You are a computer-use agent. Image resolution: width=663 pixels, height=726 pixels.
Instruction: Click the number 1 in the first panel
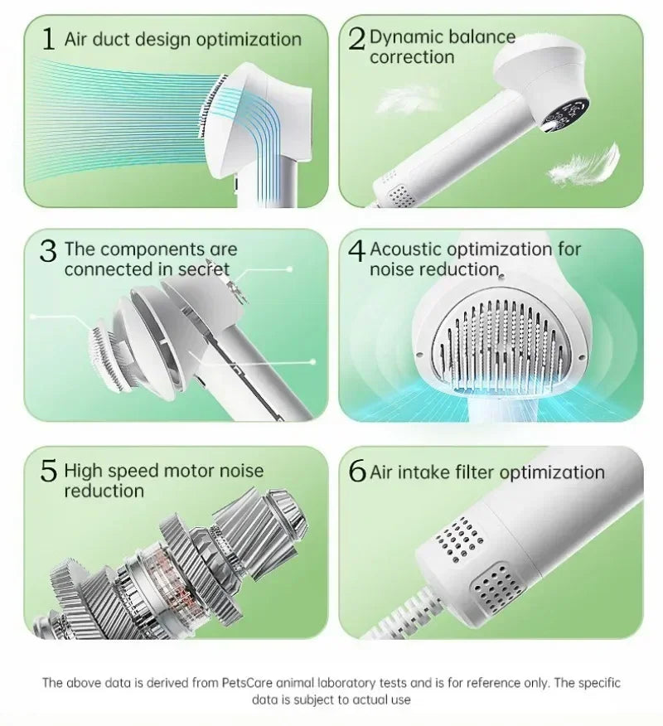pyautogui.click(x=48, y=40)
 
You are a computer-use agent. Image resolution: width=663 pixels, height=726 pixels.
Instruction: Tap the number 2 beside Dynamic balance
pyautogui.click(x=357, y=40)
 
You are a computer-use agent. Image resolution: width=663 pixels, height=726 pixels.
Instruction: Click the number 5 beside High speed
pyautogui.click(x=49, y=472)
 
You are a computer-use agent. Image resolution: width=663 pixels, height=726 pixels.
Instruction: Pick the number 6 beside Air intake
pyautogui.click(x=357, y=472)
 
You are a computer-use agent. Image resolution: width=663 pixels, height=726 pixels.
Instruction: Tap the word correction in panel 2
pyautogui.click(x=412, y=57)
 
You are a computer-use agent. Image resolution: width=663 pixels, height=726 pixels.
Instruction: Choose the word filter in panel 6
pyautogui.click(x=475, y=472)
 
